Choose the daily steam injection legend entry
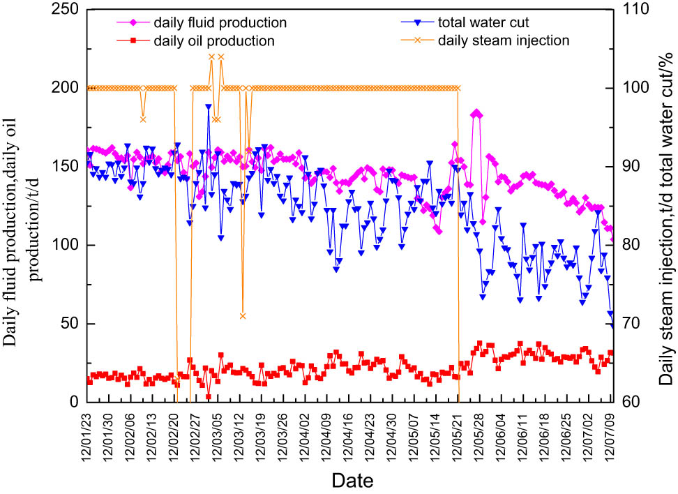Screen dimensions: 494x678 [504, 40]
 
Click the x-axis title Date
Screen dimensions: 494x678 [352, 480]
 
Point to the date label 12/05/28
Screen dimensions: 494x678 [481, 433]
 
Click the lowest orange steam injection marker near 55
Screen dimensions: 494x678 [243, 316]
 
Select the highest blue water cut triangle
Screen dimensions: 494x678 [208, 107]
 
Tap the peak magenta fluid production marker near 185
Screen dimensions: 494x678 [476, 112]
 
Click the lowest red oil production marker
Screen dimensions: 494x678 [208, 396]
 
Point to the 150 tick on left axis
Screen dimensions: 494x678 [66, 166]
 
